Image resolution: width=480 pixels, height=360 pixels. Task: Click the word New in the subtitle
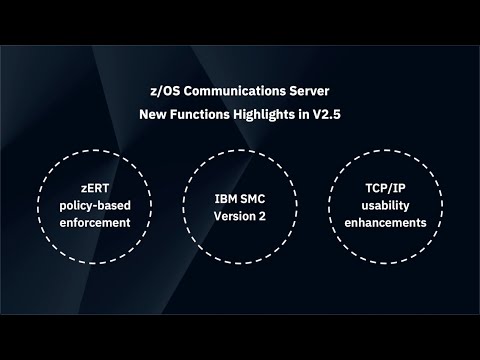pyautogui.click(x=153, y=115)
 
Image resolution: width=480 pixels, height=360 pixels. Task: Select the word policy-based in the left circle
pyautogui.click(x=98, y=204)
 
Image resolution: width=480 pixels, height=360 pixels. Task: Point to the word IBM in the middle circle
pyautogui.click(x=226, y=196)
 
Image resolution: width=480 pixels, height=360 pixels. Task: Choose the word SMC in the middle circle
pyautogui.click(x=253, y=196)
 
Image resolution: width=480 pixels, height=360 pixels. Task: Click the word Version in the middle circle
pyautogui.click(x=232, y=213)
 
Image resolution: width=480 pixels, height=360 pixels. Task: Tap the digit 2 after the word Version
pyautogui.click(x=262, y=213)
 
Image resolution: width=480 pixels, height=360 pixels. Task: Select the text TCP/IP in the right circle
pyautogui.click(x=383, y=187)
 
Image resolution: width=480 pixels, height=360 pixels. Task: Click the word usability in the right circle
pyautogui.click(x=383, y=204)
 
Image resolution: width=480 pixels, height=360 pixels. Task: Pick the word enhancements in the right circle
pyautogui.click(x=383, y=221)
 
